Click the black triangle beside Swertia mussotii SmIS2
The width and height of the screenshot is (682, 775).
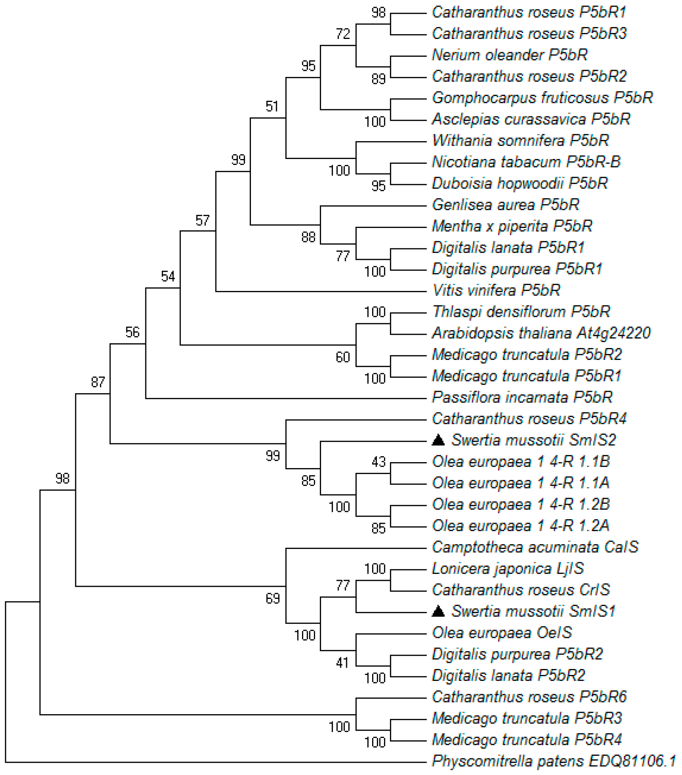tap(438, 440)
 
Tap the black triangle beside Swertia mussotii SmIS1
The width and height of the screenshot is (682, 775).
tap(438, 611)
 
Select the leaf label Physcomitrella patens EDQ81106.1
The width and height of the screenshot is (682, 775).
tap(554, 761)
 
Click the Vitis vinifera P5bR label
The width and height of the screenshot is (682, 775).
tap(496, 291)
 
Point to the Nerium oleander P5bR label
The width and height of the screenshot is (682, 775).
tap(510, 55)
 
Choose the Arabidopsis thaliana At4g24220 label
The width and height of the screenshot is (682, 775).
tap(541, 333)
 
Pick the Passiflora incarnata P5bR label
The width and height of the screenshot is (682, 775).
tap(522, 397)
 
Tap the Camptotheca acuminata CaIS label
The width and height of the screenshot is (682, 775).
tap(535, 547)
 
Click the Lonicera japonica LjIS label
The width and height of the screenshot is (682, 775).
tap(508, 568)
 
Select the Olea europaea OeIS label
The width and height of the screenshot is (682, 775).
tap(502, 632)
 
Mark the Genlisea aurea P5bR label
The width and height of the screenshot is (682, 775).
tap(506, 205)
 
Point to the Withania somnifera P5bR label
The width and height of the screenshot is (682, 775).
tap(520, 141)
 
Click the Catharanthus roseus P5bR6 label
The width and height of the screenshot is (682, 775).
tap(529, 696)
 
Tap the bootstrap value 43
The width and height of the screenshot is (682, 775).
tap(378, 462)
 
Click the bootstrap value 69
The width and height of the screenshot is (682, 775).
tap(272, 598)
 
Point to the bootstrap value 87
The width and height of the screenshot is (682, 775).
tap(97, 382)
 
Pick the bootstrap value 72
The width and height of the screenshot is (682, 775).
tap(343, 34)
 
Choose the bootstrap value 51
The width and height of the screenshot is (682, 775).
tap(272, 106)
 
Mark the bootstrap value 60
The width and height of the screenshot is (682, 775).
tap(343, 357)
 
